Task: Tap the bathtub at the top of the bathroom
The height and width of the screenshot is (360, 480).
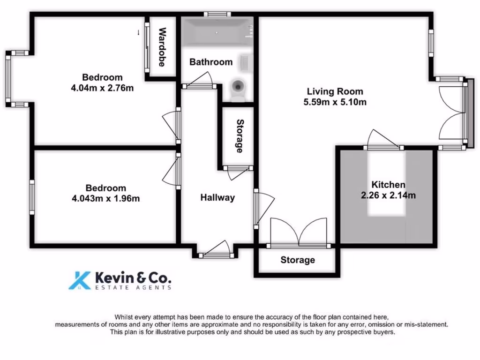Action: [x=216, y=32]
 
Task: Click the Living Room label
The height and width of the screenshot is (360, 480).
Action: [x=335, y=91]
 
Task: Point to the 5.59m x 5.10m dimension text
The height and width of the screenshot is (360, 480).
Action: [x=335, y=102]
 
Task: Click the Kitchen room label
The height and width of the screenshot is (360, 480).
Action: [x=388, y=185]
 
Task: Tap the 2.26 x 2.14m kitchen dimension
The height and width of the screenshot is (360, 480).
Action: [x=388, y=195]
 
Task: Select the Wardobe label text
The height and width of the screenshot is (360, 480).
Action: [x=162, y=47]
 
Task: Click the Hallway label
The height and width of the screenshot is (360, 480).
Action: [x=217, y=198]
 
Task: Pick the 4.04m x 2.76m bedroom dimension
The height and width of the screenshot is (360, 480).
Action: [x=102, y=88]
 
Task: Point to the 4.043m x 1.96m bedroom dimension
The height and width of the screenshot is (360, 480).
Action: [x=105, y=198]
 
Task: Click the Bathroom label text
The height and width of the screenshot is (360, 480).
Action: [x=211, y=62]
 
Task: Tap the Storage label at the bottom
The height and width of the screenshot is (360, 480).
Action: [x=298, y=260]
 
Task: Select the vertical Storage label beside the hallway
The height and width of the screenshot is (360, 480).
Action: [x=240, y=136]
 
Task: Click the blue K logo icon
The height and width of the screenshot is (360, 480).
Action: [x=80, y=280]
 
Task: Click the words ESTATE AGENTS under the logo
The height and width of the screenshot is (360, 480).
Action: [x=133, y=287]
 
